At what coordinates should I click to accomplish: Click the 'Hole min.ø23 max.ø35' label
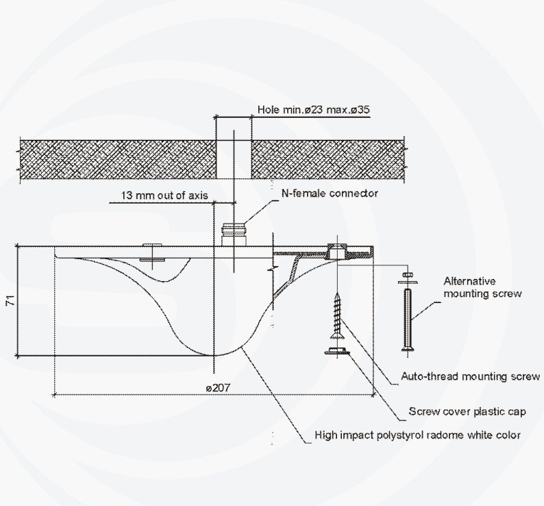(x=314, y=110)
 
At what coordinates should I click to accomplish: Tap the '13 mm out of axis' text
(x=164, y=195)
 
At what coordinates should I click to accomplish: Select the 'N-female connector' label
(x=330, y=193)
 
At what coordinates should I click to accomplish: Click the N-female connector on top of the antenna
(x=234, y=234)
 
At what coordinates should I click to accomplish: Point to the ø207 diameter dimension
(x=217, y=387)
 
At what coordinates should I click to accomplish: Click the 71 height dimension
(x=11, y=300)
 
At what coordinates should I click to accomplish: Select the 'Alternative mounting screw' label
(x=482, y=287)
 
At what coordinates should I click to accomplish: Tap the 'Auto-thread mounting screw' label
(x=471, y=376)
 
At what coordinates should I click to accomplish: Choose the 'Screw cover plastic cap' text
(x=467, y=411)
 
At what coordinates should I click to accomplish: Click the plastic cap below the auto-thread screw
(x=337, y=351)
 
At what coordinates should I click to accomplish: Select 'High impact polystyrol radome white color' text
(x=417, y=435)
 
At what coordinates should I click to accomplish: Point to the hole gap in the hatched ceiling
(x=234, y=159)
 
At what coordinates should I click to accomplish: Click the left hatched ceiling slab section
(x=118, y=159)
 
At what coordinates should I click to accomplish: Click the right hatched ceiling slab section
(x=327, y=159)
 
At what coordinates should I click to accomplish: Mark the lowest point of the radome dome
(x=214, y=355)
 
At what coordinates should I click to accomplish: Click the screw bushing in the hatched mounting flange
(x=337, y=252)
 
